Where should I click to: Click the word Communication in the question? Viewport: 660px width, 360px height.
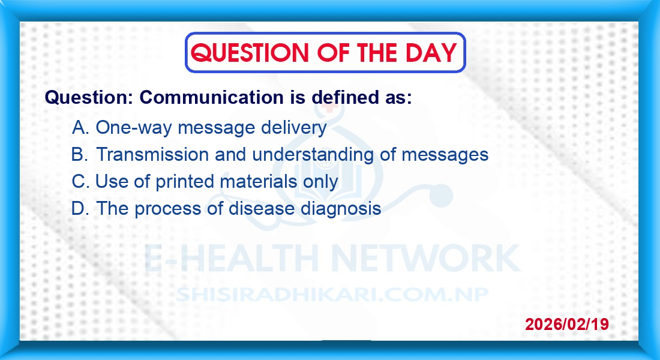(x=211, y=97)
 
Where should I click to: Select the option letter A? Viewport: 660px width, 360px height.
(x=80, y=127)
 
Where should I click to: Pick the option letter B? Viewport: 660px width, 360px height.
(x=80, y=154)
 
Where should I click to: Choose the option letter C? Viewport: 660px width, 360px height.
(x=80, y=181)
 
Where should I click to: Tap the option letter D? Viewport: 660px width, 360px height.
(x=80, y=208)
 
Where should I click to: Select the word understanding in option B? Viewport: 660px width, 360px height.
(x=313, y=155)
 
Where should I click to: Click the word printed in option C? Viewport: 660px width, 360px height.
(x=185, y=182)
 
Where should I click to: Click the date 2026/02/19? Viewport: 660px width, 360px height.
(x=567, y=324)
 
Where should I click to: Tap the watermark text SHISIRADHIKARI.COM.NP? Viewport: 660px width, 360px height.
(x=332, y=295)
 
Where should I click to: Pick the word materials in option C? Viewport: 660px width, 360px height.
(x=259, y=181)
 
